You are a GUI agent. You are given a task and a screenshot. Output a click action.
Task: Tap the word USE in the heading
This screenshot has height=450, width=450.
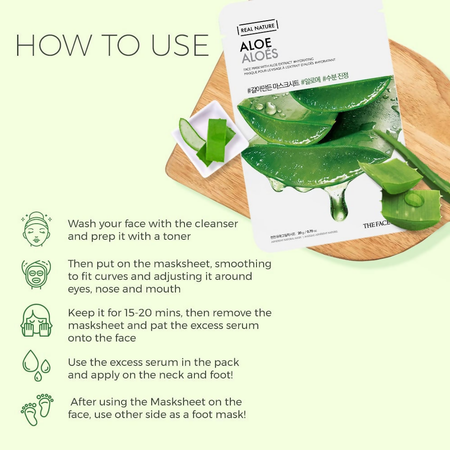coord(175,45)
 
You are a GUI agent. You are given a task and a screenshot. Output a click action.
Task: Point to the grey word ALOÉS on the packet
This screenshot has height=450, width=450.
coord(260,58)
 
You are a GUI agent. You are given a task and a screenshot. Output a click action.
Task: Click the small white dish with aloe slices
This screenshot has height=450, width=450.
coord(209,137)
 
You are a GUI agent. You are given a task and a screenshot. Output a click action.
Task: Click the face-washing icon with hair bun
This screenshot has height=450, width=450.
coord(36,229)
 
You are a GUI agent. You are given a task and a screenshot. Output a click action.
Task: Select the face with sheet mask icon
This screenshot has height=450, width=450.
coord(36,273)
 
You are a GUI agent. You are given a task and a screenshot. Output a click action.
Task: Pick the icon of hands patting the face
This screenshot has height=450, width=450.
coord(36,320)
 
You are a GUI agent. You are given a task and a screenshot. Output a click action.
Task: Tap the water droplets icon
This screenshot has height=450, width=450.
coord(36,365)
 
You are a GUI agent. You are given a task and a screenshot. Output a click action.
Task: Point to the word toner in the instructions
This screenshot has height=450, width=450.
coord(176,236)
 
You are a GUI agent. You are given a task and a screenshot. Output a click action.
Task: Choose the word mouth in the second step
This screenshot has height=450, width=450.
coord(164,289)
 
